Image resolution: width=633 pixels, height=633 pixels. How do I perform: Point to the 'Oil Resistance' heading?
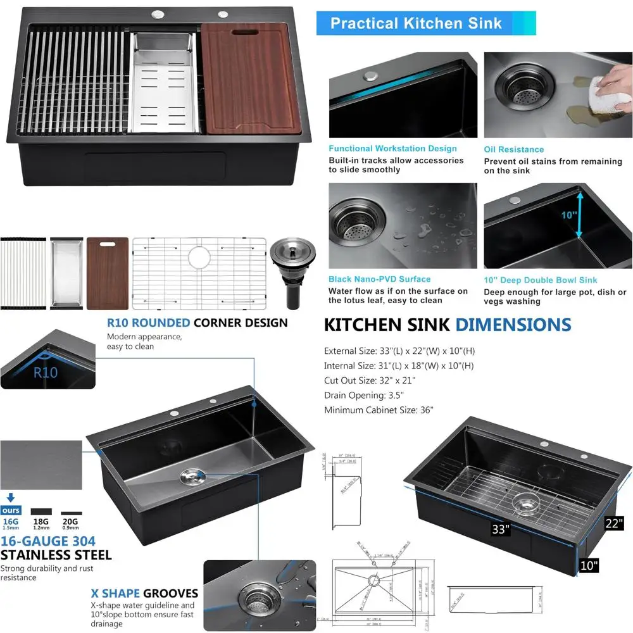point(513,149)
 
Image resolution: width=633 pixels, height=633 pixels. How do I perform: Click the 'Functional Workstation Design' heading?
point(392,149)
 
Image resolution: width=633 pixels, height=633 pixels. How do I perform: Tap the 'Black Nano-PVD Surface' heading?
point(379,279)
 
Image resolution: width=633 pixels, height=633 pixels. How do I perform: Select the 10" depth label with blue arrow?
point(568,215)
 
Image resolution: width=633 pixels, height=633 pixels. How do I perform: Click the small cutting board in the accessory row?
point(108,273)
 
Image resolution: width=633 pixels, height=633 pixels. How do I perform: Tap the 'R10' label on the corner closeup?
point(46,372)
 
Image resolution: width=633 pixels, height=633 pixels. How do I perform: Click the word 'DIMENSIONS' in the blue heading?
point(513,325)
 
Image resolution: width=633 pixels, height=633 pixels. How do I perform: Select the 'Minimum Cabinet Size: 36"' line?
point(379,410)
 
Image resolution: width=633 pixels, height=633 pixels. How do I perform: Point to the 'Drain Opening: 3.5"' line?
point(363,396)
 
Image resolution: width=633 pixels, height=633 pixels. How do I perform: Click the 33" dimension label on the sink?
point(500,529)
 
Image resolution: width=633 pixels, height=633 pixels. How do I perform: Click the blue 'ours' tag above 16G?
point(11,510)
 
